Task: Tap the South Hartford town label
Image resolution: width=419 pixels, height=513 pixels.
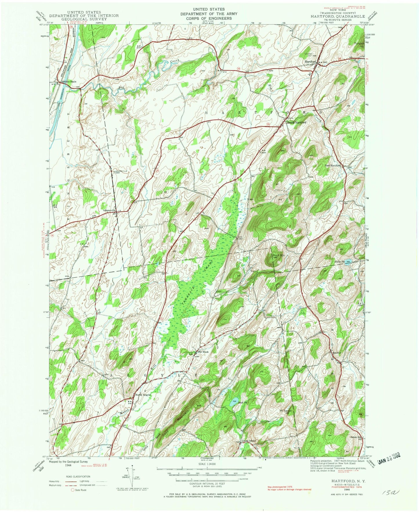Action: (296, 123)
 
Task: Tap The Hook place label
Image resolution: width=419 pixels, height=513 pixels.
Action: (203, 352)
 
